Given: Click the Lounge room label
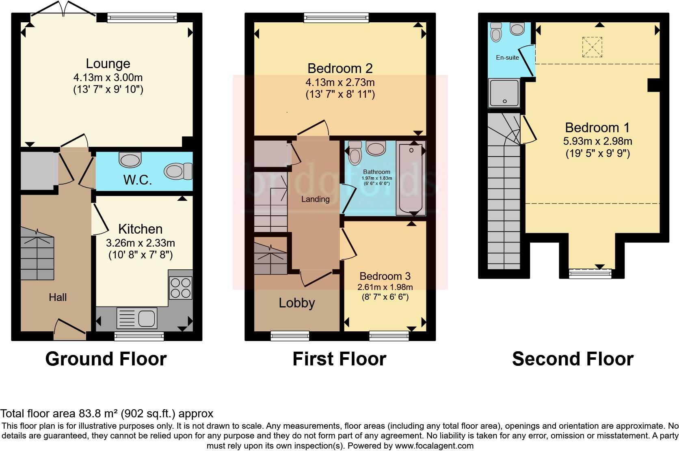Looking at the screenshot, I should (108, 64).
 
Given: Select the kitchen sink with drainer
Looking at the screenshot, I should (137, 318).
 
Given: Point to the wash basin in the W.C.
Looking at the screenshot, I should (130, 159).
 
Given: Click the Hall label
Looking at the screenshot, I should (58, 297).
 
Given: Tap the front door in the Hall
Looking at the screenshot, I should (69, 329).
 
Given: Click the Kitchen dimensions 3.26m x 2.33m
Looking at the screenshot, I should (141, 243).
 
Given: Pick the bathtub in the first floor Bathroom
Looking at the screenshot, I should (411, 178).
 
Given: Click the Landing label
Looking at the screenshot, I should (315, 199).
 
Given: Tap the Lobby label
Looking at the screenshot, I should (297, 303).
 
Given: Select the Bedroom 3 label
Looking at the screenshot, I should (385, 276).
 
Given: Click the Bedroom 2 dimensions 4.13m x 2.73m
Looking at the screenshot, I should (340, 82).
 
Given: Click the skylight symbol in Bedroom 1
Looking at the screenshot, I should (592, 47).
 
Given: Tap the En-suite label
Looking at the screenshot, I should (507, 58).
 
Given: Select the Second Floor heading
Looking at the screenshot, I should (573, 359).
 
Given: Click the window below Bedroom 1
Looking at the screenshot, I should (590, 274).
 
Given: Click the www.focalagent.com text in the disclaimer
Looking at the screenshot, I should (434, 446).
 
